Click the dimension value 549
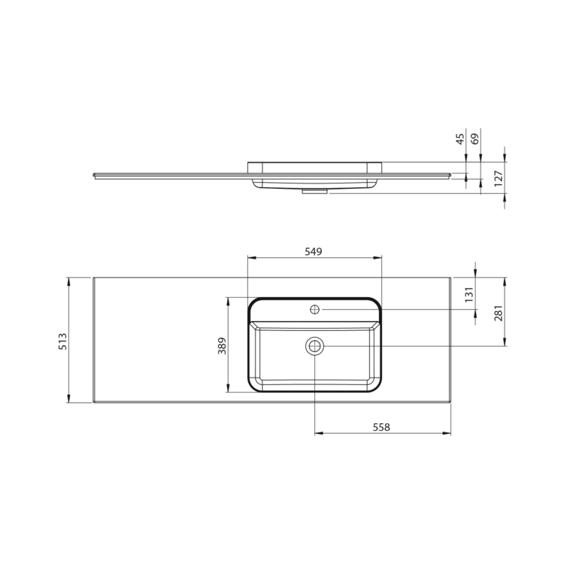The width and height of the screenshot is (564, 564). point(314,252)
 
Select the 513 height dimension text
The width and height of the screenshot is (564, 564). point(62,341)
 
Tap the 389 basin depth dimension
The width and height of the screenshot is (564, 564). point(222,346)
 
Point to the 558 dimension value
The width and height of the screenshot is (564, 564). point(381,427)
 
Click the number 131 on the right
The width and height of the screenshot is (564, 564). point(469,294)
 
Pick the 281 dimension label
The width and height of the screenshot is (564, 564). point(499,313)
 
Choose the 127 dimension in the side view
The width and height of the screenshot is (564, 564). point(498,178)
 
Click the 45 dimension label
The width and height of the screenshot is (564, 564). point(460,139)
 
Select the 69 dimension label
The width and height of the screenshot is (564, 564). point(475,139)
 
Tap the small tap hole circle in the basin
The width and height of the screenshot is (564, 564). point(315,309)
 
